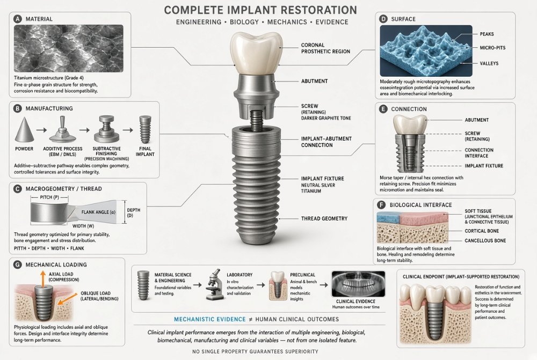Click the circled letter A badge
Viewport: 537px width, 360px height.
click(x=18, y=19)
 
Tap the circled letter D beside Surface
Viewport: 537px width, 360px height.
click(x=383, y=19)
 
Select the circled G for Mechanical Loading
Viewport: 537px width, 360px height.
click(x=17, y=265)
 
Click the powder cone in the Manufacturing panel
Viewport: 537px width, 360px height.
click(x=24, y=129)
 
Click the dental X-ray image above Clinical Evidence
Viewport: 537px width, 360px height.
click(x=358, y=284)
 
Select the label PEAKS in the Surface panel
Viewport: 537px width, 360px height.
click(x=487, y=34)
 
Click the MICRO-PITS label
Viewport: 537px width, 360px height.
click(x=492, y=48)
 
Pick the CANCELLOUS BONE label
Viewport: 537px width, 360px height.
click(x=485, y=240)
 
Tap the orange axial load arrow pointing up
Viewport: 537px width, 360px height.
click(x=42, y=279)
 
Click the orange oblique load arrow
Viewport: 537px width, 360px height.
click(x=68, y=299)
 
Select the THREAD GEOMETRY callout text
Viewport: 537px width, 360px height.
click(x=324, y=218)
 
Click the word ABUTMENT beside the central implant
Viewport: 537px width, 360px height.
click(x=314, y=81)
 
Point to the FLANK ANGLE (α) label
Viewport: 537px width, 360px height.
click(x=98, y=212)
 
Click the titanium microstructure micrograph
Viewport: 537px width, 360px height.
click(x=69, y=48)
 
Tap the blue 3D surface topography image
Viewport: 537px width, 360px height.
click(x=426, y=50)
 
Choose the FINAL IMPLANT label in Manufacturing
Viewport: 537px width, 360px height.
click(x=145, y=151)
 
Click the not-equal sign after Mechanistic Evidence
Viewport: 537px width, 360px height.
click(x=250, y=319)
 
